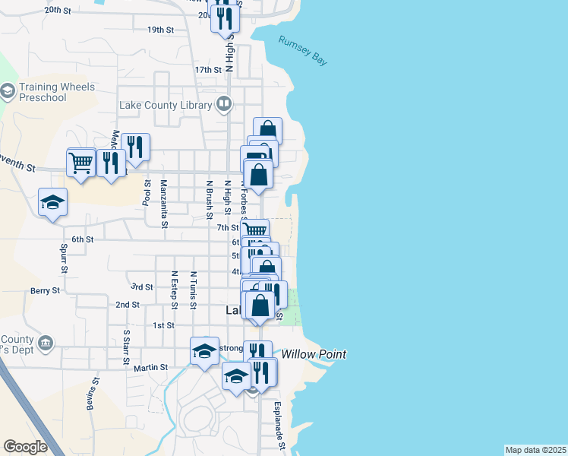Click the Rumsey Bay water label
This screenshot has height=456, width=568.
[303, 51]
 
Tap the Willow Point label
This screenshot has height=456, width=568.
[314, 354]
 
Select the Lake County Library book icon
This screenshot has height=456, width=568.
[224, 103]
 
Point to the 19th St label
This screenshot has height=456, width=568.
[161, 30]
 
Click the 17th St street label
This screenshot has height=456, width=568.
[207, 69]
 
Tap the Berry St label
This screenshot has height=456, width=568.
[46, 290]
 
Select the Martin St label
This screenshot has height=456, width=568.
[150, 368]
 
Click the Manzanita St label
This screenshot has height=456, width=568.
[163, 203]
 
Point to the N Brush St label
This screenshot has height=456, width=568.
[209, 199]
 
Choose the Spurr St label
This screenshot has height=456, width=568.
[65, 258]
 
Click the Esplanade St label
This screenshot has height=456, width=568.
[279, 426]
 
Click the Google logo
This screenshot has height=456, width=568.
[25, 447]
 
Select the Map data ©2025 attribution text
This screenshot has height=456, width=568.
[535, 450]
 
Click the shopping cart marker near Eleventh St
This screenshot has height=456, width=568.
[81, 162]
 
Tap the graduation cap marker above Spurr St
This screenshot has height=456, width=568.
[53, 203]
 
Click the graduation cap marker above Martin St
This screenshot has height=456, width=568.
[204, 351]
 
